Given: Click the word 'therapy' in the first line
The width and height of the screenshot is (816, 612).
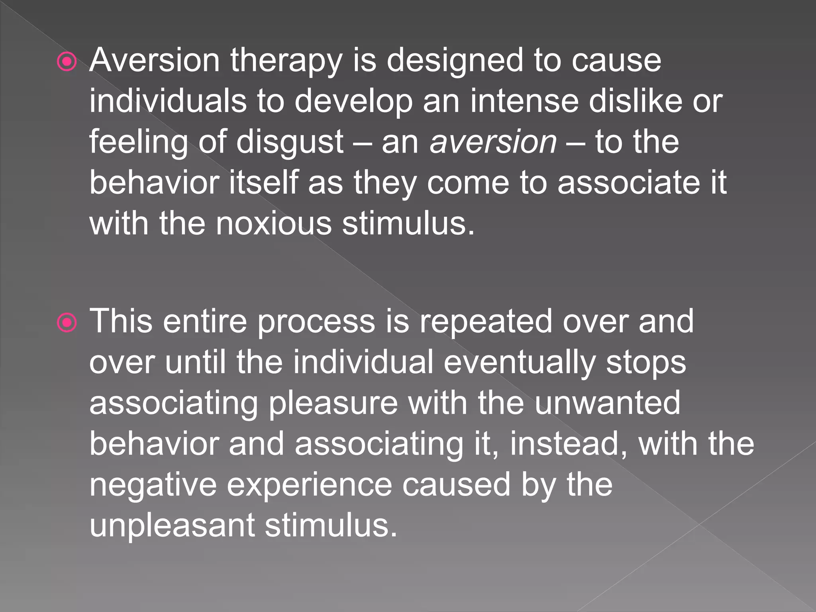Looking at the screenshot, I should pyautogui.click(x=286, y=61).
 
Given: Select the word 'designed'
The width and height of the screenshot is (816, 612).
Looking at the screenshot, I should pyautogui.click(x=455, y=61).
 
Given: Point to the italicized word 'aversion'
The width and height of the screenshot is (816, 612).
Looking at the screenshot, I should pyautogui.click(x=493, y=142).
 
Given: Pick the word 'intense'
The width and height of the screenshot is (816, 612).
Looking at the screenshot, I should pyautogui.click(x=524, y=101).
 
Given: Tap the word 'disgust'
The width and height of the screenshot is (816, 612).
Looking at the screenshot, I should pyautogui.click(x=290, y=143).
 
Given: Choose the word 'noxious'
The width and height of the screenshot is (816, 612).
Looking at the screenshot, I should pyautogui.click(x=274, y=224).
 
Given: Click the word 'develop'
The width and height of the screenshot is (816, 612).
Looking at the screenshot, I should pyautogui.click(x=353, y=102).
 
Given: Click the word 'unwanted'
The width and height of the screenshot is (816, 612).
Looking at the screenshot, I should pyautogui.click(x=607, y=403).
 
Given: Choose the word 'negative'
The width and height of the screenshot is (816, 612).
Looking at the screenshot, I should pyautogui.click(x=153, y=485).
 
